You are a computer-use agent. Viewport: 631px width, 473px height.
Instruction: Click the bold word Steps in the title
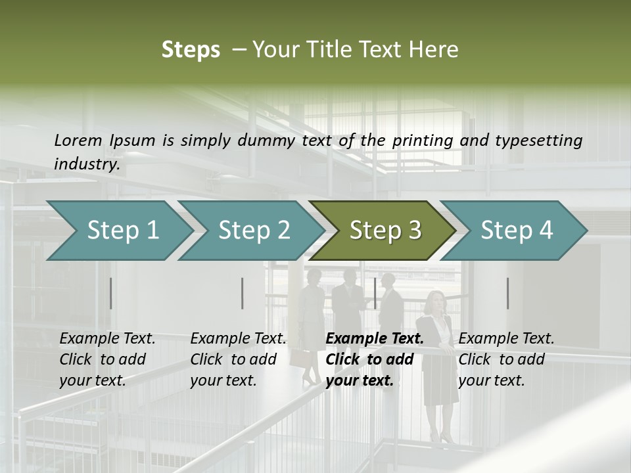point(191,50)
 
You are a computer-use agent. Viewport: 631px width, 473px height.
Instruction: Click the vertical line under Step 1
point(111,293)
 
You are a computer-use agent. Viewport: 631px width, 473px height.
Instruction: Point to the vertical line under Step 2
point(243,293)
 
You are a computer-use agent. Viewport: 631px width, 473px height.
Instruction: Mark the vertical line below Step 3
point(375,293)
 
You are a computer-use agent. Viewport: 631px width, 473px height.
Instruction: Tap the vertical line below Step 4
point(507,293)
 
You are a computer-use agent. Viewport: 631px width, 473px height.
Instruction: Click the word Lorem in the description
point(78,140)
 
